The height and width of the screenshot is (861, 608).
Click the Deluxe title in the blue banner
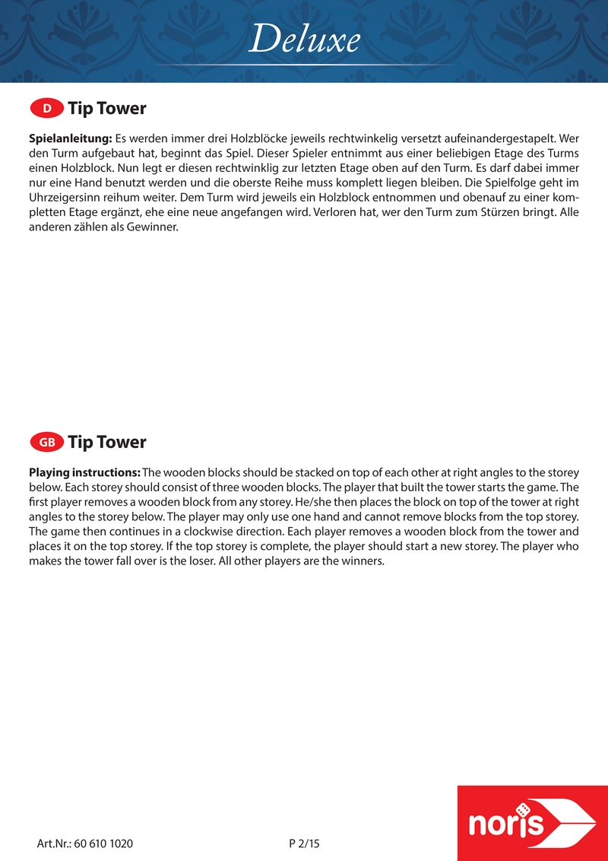[304, 40]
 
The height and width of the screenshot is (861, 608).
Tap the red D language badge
[46, 109]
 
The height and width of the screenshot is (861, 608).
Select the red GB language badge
[46, 442]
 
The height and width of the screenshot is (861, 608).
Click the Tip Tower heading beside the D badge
[106, 109]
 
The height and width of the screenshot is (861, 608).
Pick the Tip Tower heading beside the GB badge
[106, 442]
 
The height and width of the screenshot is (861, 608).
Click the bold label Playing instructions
[84, 472]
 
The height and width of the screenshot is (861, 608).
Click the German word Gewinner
[155, 226]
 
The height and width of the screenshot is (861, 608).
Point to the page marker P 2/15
[305, 844]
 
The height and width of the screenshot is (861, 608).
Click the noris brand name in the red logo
[507, 824]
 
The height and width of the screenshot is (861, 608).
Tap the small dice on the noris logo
[523, 809]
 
